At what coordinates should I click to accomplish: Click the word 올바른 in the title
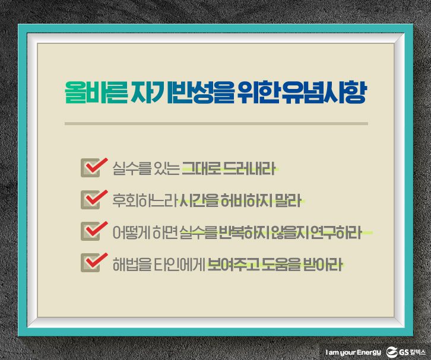coord(96,93)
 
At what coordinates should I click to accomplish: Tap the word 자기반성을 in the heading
coord(182,93)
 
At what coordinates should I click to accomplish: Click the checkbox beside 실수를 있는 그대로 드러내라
coord(90,168)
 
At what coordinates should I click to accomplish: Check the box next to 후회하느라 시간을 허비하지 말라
coord(90,200)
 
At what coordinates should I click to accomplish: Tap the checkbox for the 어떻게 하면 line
coord(90,231)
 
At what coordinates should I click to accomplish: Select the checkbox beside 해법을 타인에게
coord(90,263)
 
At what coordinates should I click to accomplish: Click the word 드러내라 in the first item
coord(249,168)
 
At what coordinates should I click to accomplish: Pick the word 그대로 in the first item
coord(201,168)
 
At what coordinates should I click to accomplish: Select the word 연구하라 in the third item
coord(335,232)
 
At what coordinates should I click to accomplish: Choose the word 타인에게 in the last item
coord(179,264)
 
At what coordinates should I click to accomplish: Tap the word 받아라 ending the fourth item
coord(323,264)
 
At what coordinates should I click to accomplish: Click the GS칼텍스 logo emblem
coord(392,352)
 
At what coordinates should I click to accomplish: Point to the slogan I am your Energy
coord(353,352)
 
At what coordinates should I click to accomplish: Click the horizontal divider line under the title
coord(216,124)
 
